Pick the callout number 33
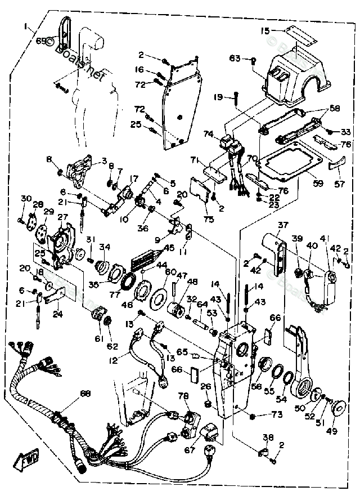point(345,132)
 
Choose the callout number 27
point(62,217)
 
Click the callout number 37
point(282,225)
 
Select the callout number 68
point(85,393)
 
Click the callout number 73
point(276,414)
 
